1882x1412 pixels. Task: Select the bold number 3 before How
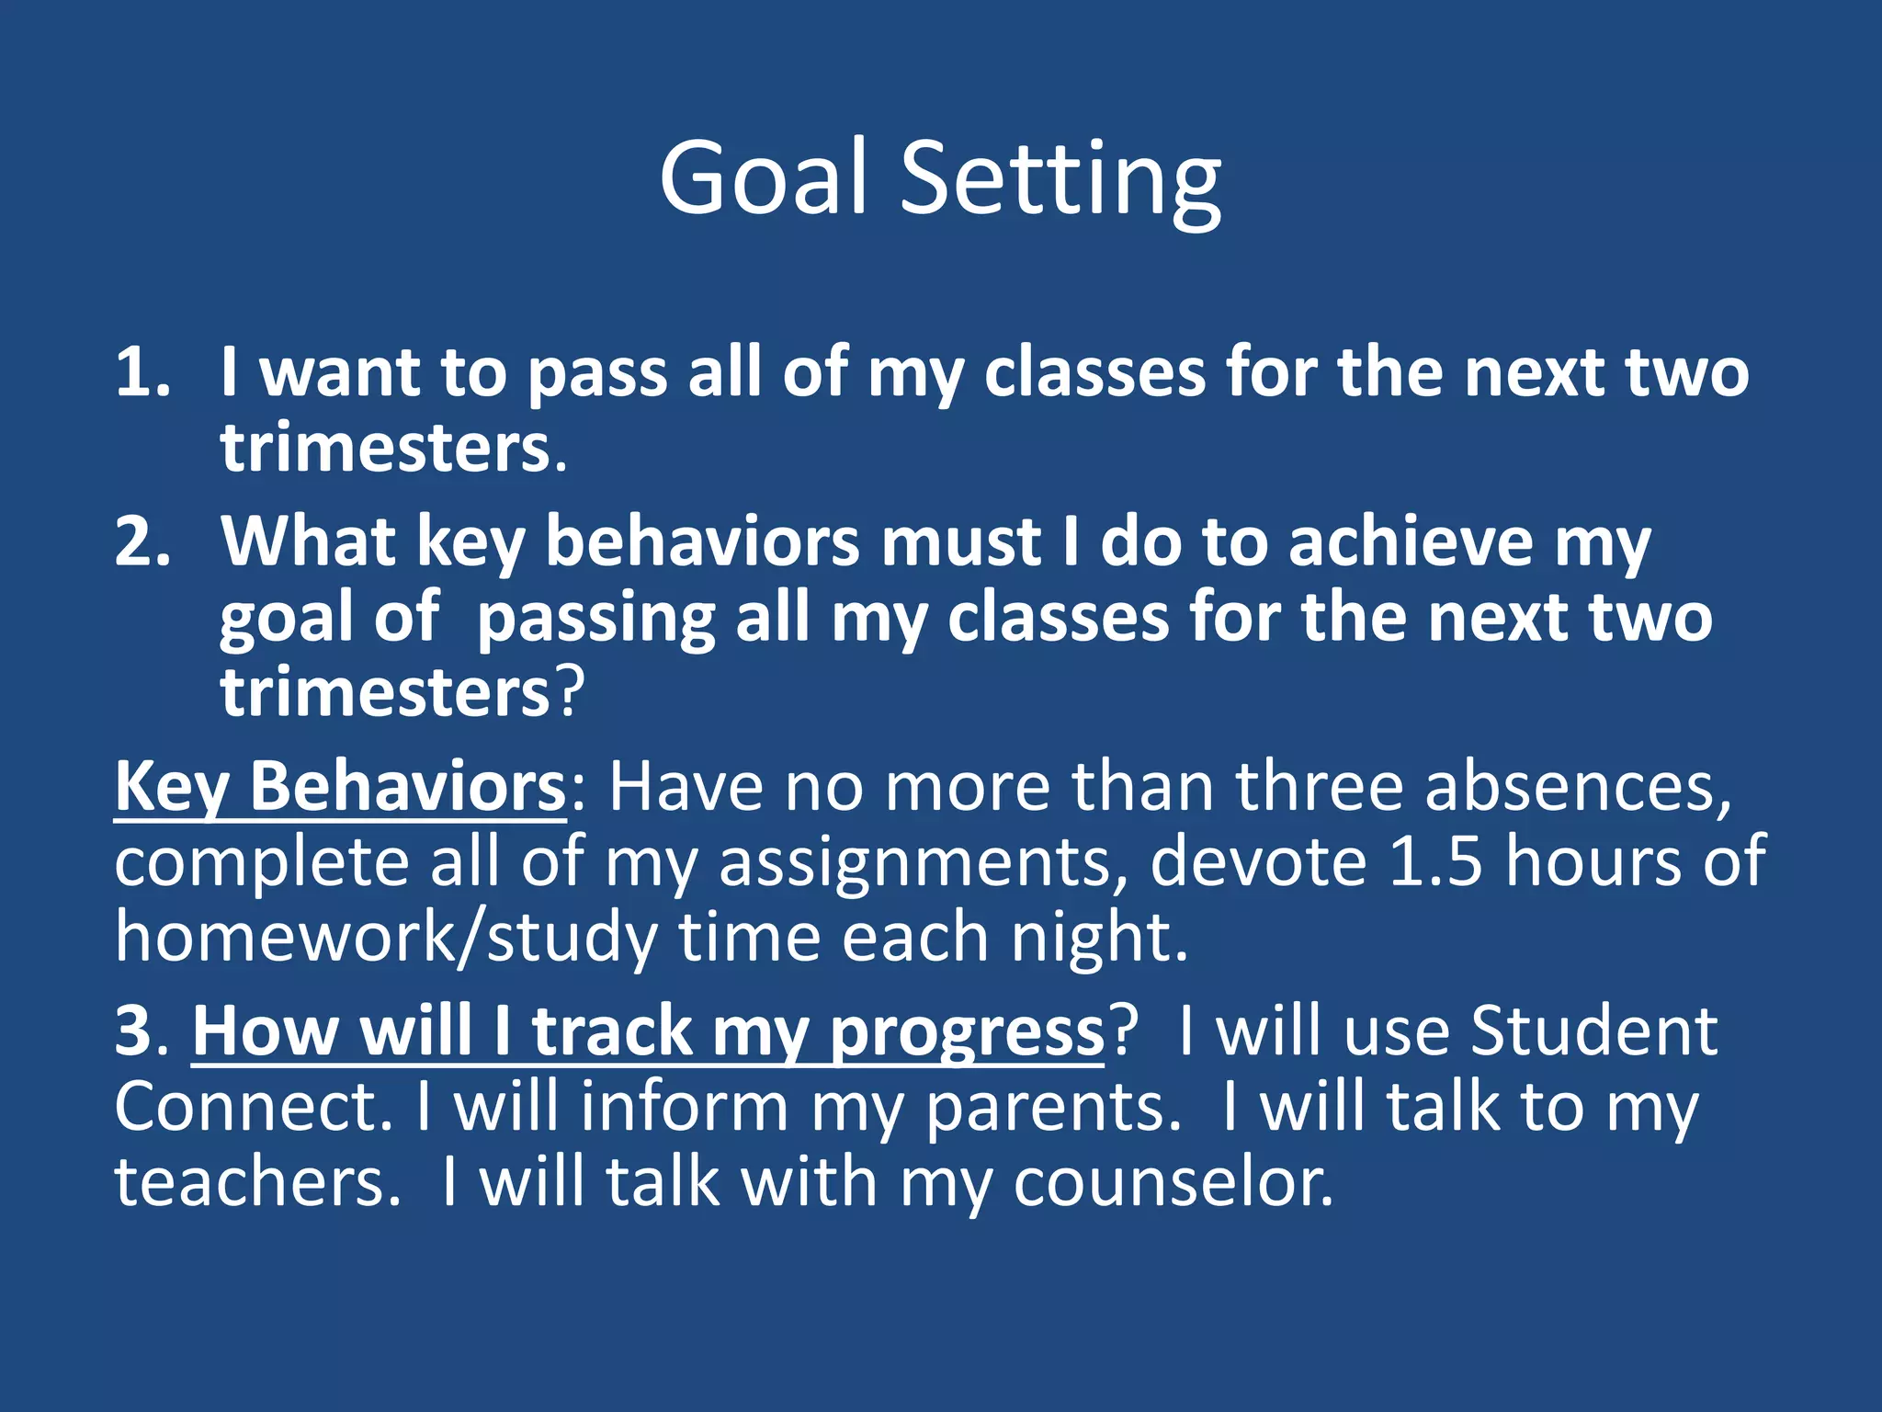coord(134,1031)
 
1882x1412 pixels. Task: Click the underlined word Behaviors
coord(408,787)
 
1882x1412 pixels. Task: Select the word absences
coord(1577,787)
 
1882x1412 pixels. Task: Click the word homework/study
coord(385,937)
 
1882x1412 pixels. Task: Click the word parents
coord(1051,1107)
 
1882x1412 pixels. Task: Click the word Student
coord(1593,1031)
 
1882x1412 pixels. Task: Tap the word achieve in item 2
coord(1411,541)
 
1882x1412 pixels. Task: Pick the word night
coord(1099,937)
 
